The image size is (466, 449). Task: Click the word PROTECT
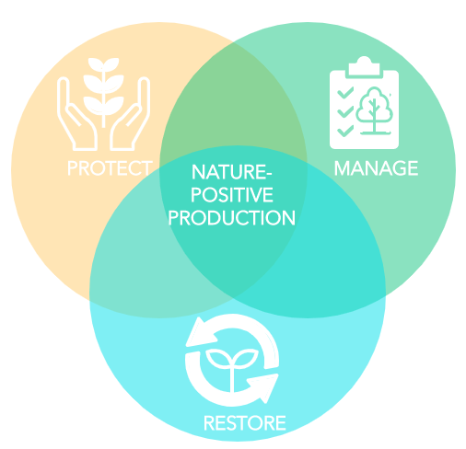(110, 168)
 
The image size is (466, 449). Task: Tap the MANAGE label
(376, 168)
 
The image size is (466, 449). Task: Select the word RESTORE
(245, 423)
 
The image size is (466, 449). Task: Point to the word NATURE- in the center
(232, 172)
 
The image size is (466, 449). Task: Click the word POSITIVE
(232, 195)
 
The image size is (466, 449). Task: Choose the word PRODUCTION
(232, 218)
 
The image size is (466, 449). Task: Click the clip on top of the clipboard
(364, 66)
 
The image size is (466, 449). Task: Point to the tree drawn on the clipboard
(375, 110)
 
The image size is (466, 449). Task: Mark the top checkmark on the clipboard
(345, 92)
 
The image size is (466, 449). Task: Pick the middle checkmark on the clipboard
(345, 111)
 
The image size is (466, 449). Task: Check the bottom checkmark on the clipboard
(345, 131)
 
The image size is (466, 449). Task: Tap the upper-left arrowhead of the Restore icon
(200, 333)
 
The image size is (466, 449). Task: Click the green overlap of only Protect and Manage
(233, 101)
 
